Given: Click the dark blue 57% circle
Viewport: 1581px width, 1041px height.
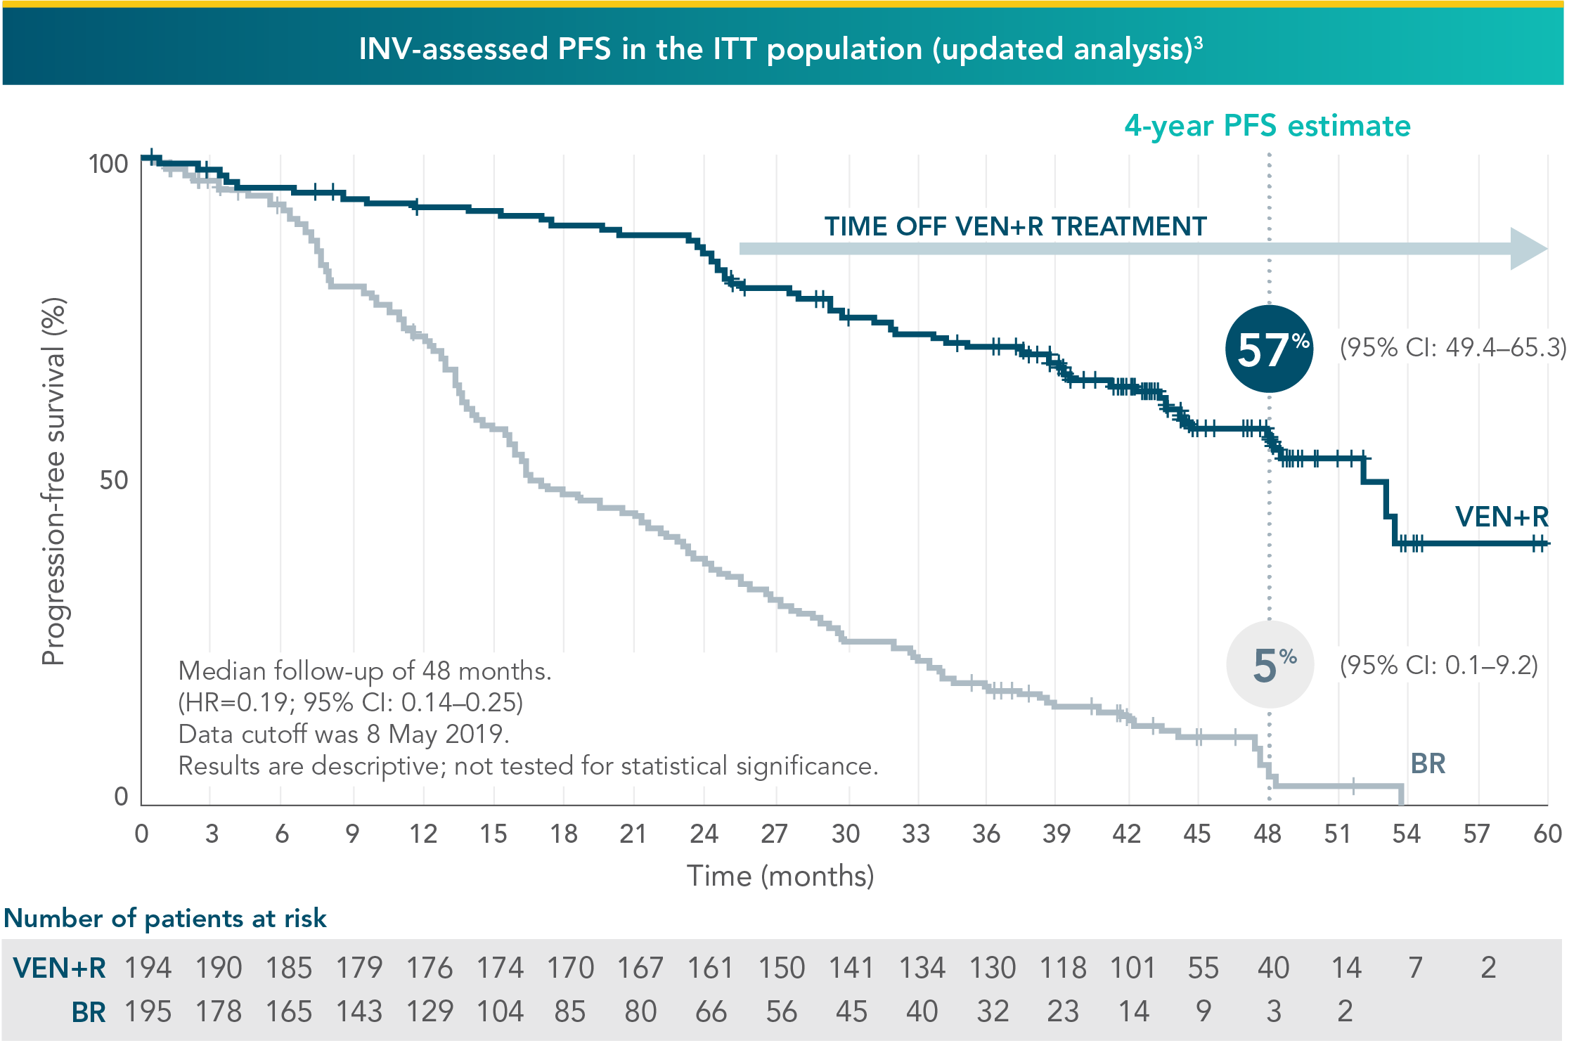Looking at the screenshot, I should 1269,349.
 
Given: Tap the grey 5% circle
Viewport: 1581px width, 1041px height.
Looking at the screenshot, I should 1270,664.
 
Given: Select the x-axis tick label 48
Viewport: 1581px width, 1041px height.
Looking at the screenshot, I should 1267,834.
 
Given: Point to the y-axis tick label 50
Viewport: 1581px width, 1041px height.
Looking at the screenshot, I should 113,480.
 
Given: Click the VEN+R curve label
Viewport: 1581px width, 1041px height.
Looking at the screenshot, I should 1502,517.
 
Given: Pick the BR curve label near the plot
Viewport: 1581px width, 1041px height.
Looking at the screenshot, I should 1428,763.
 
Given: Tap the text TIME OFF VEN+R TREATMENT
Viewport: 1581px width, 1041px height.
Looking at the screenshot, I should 1015,226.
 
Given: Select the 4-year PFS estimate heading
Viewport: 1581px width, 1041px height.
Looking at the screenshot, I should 1267,126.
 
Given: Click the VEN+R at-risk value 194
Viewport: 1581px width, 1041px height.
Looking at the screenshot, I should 148,968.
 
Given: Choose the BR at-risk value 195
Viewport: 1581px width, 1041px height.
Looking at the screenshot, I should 148,1011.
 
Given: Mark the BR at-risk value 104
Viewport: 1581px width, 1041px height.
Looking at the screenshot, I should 500,1011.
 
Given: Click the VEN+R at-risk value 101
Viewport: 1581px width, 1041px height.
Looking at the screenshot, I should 1132,968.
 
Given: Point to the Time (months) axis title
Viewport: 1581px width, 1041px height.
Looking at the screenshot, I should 780,876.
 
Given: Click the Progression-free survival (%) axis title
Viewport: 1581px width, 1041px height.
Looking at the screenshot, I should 53,481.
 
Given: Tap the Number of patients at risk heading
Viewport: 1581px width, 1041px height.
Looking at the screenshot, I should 165,918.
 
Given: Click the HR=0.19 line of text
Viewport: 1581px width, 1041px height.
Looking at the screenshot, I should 350,702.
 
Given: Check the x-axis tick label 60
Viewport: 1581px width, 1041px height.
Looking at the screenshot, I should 1547,834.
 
